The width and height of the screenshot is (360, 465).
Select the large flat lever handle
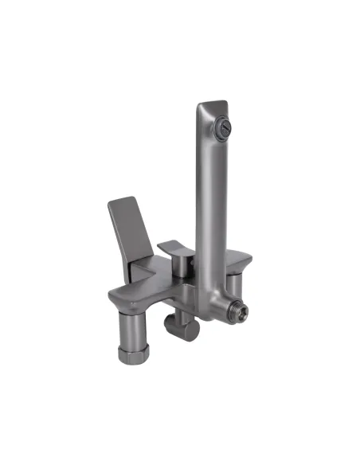pos(131,232)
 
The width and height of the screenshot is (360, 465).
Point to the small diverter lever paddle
pos(174,248)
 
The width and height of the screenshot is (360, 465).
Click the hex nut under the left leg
pos(129,354)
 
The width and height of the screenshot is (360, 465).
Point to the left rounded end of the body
pos(114,299)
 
